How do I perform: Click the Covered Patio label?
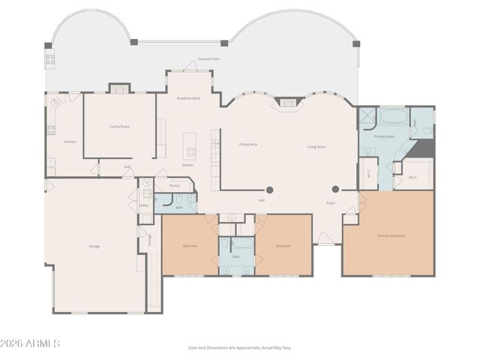tap(209, 58)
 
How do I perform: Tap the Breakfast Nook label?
tap(188, 98)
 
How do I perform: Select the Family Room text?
tap(120, 127)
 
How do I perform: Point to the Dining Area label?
tap(248, 144)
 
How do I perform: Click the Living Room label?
tap(316, 147)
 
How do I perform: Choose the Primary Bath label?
tap(385, 137)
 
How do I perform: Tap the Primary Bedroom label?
tap(391, 235)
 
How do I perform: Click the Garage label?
tap(94, 246)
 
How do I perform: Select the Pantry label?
tap(174, 184)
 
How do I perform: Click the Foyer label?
tap(330, 203)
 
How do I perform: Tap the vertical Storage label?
tap(149, 239)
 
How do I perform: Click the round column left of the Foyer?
tap(270, 190)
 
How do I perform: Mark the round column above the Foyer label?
tap(335, 189)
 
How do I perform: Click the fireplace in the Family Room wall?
tap(119, 88)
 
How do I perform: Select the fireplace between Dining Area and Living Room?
tap(287, 103)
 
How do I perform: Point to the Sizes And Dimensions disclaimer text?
tap(239, 347)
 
